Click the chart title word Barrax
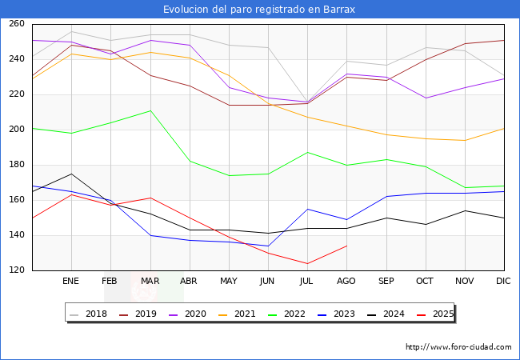coord(339,10)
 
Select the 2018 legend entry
coord(88,314)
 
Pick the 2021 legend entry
coord(237,314)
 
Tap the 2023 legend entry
coord(336,314)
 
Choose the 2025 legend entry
coord(435,314)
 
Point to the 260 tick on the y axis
coord(17,23)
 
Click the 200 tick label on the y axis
coord(17,129)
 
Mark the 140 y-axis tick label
coord(17,234)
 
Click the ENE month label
coord(70,281)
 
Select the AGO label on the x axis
coord(346,281)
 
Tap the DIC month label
coord(503,281)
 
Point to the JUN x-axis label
coord(267,281)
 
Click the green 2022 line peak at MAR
coord(150,110)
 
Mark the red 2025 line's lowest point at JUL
coord(307,263)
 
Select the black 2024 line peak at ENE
coord(71,174)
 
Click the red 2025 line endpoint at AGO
coord(347,246)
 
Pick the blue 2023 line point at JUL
coord(307,209)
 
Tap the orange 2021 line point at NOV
coord(465,141)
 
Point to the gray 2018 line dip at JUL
coord(307,102)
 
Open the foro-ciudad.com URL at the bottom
coord(458,347)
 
